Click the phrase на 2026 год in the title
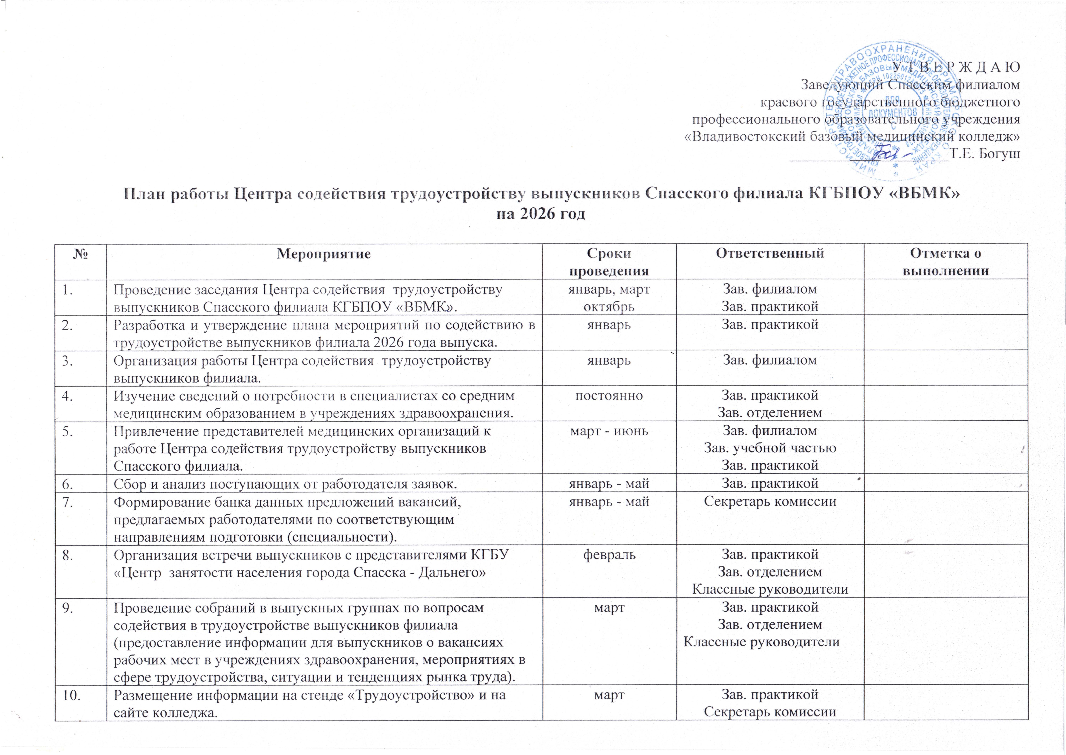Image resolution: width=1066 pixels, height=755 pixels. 541,215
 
